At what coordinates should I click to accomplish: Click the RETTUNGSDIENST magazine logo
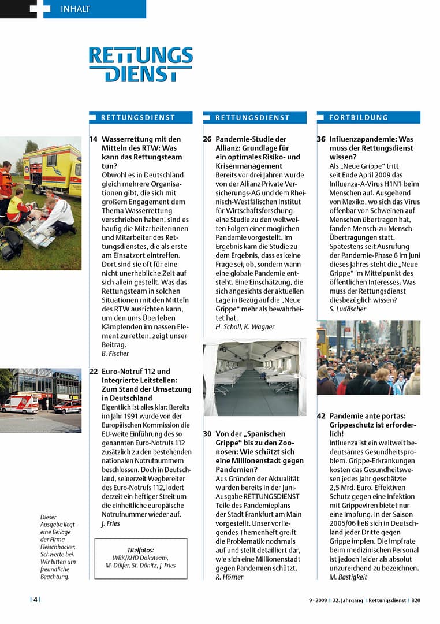pyautogui.click(x=140, y=64)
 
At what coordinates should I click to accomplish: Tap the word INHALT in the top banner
pyautogui.click(x=75, y=9)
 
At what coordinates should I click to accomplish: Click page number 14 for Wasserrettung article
pyautogui.click(x=94, y=139)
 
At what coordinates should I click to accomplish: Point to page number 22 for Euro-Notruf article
pyautogui.click(x=94, y=372)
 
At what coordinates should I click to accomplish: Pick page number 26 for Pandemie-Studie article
pyautogui.click(x=207, y=139)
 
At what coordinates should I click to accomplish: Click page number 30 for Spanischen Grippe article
pyautogui.click(x=207, y=433)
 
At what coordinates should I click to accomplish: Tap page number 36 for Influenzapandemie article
pyautogui.click(x=321, y=139)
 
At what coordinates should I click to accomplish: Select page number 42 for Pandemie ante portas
pyautogui.click(x=321, y=416)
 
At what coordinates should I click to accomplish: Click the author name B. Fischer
pyautogui.click(x=115, y=354)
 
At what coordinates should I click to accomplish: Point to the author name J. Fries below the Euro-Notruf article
pyautogui.click(x=110, y=523)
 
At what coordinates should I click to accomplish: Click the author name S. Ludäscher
pyautogui.click(x=348, y=309)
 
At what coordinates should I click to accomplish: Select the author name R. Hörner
pyautogui.click(x=229, y=577)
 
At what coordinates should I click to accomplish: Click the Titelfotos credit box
pyautogui.click(x=140, y=558)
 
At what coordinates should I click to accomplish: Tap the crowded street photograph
pyautogui.click(x=368, y=358)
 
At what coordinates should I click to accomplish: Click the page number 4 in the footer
pyautogui.click(x=35, y=600)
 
